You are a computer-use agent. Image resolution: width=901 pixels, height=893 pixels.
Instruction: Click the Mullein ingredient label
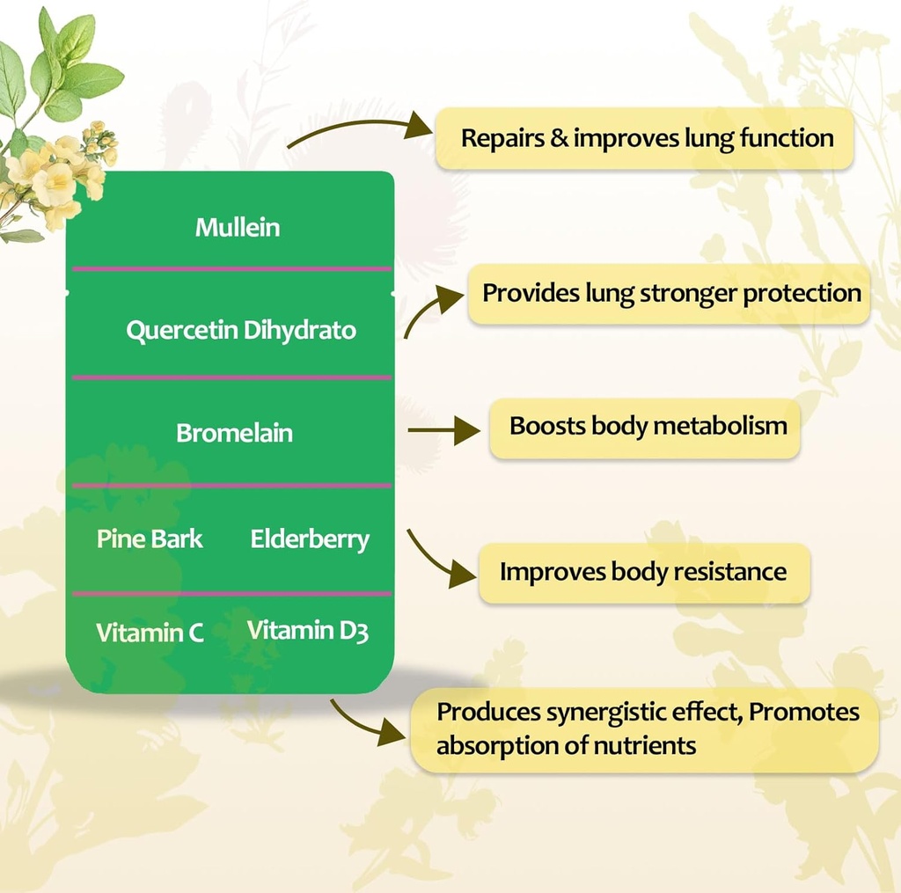coord(238,228)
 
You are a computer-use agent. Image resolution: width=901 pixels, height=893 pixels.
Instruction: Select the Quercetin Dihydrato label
coord(241,331)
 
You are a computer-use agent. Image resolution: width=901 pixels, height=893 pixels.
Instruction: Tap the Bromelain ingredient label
coord(234,433)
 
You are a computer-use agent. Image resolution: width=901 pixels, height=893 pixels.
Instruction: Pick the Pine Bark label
coord(150,538)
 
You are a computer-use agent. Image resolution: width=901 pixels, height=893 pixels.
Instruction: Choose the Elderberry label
coord(310,538)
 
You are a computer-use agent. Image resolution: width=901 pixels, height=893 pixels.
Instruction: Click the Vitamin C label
coord(150,633)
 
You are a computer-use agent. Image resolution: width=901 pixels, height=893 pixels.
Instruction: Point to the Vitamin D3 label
coord(307,631)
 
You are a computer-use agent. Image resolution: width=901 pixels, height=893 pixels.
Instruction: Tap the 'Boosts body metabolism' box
coord(648,427)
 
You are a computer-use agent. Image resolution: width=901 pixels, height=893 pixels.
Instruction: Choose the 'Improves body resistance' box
coord(643,572)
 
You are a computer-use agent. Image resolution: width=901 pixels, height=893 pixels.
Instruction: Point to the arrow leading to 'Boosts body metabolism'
coord(444,431)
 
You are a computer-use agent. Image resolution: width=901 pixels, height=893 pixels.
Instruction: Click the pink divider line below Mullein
coord(231,269)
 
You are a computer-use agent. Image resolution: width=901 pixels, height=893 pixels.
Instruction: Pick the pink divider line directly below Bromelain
coord(231,486)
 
